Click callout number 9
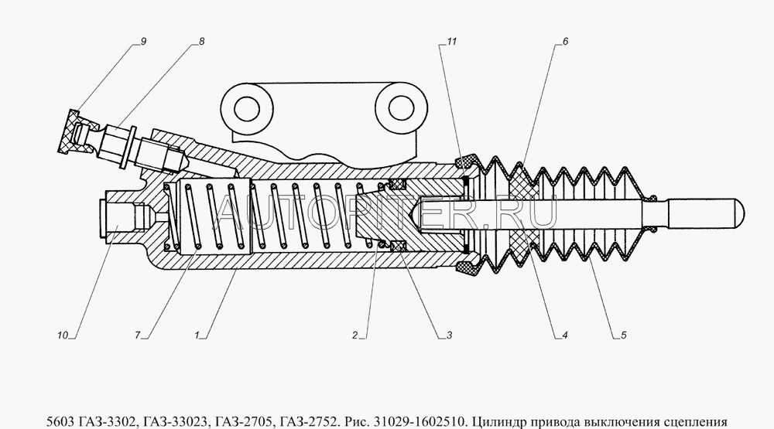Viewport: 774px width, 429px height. tap(143, 42)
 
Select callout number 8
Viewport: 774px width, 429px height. tap(201, 42)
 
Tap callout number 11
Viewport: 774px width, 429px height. tap(452, 42)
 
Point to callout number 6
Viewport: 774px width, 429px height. tap(565, 42)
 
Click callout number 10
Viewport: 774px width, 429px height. tap(62, 335)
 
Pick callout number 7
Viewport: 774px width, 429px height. tap(138, 335)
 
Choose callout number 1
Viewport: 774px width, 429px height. tap(197, 335)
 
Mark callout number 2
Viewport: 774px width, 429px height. tap(355, 335)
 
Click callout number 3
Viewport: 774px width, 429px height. tap(449, 335)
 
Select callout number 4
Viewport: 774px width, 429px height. tap(565, 335)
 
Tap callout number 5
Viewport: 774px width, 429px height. tap(623, 335)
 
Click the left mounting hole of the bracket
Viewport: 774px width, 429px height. tap(247, 108)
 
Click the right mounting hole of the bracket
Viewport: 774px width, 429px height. tap(401, 108)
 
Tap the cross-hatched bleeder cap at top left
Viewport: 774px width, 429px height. tap(70, 131)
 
